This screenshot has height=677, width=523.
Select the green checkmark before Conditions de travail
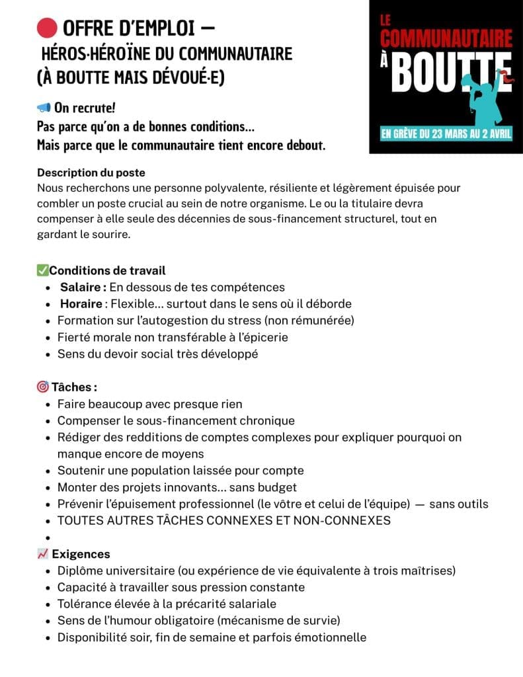click(x=42, y=270)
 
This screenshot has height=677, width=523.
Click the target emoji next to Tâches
click(x=43, y=387)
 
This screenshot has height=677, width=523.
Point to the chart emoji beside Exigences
click(x=43, y=554)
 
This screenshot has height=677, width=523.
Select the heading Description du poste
click(x=91, y=173)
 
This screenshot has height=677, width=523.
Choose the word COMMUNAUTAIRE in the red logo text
click(x=446, y=39)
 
